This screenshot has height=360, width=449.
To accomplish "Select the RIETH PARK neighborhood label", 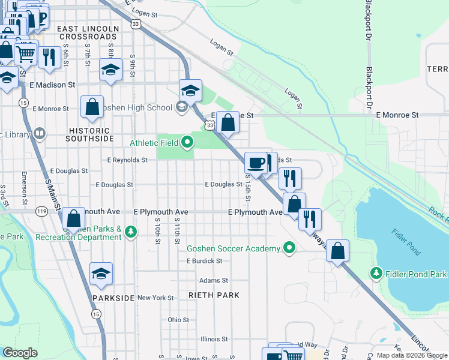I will point(214,295).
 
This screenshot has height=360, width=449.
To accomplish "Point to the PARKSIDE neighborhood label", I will point(113,298).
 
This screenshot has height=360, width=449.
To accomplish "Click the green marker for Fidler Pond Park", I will point(376,274).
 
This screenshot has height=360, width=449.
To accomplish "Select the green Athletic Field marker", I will point(188,142).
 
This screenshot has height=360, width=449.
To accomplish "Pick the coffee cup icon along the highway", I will point(256,163).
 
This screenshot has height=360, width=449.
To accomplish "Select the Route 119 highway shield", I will point(41,211).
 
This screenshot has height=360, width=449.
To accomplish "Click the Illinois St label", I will point(214,338).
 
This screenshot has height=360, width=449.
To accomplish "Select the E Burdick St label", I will point(204,261).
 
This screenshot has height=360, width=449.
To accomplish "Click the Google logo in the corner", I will point(20,353).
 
